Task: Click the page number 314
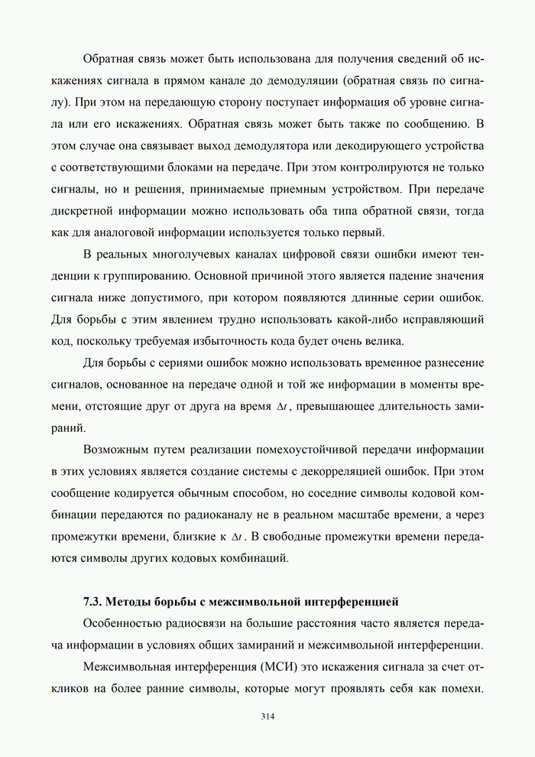click(267, 716)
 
